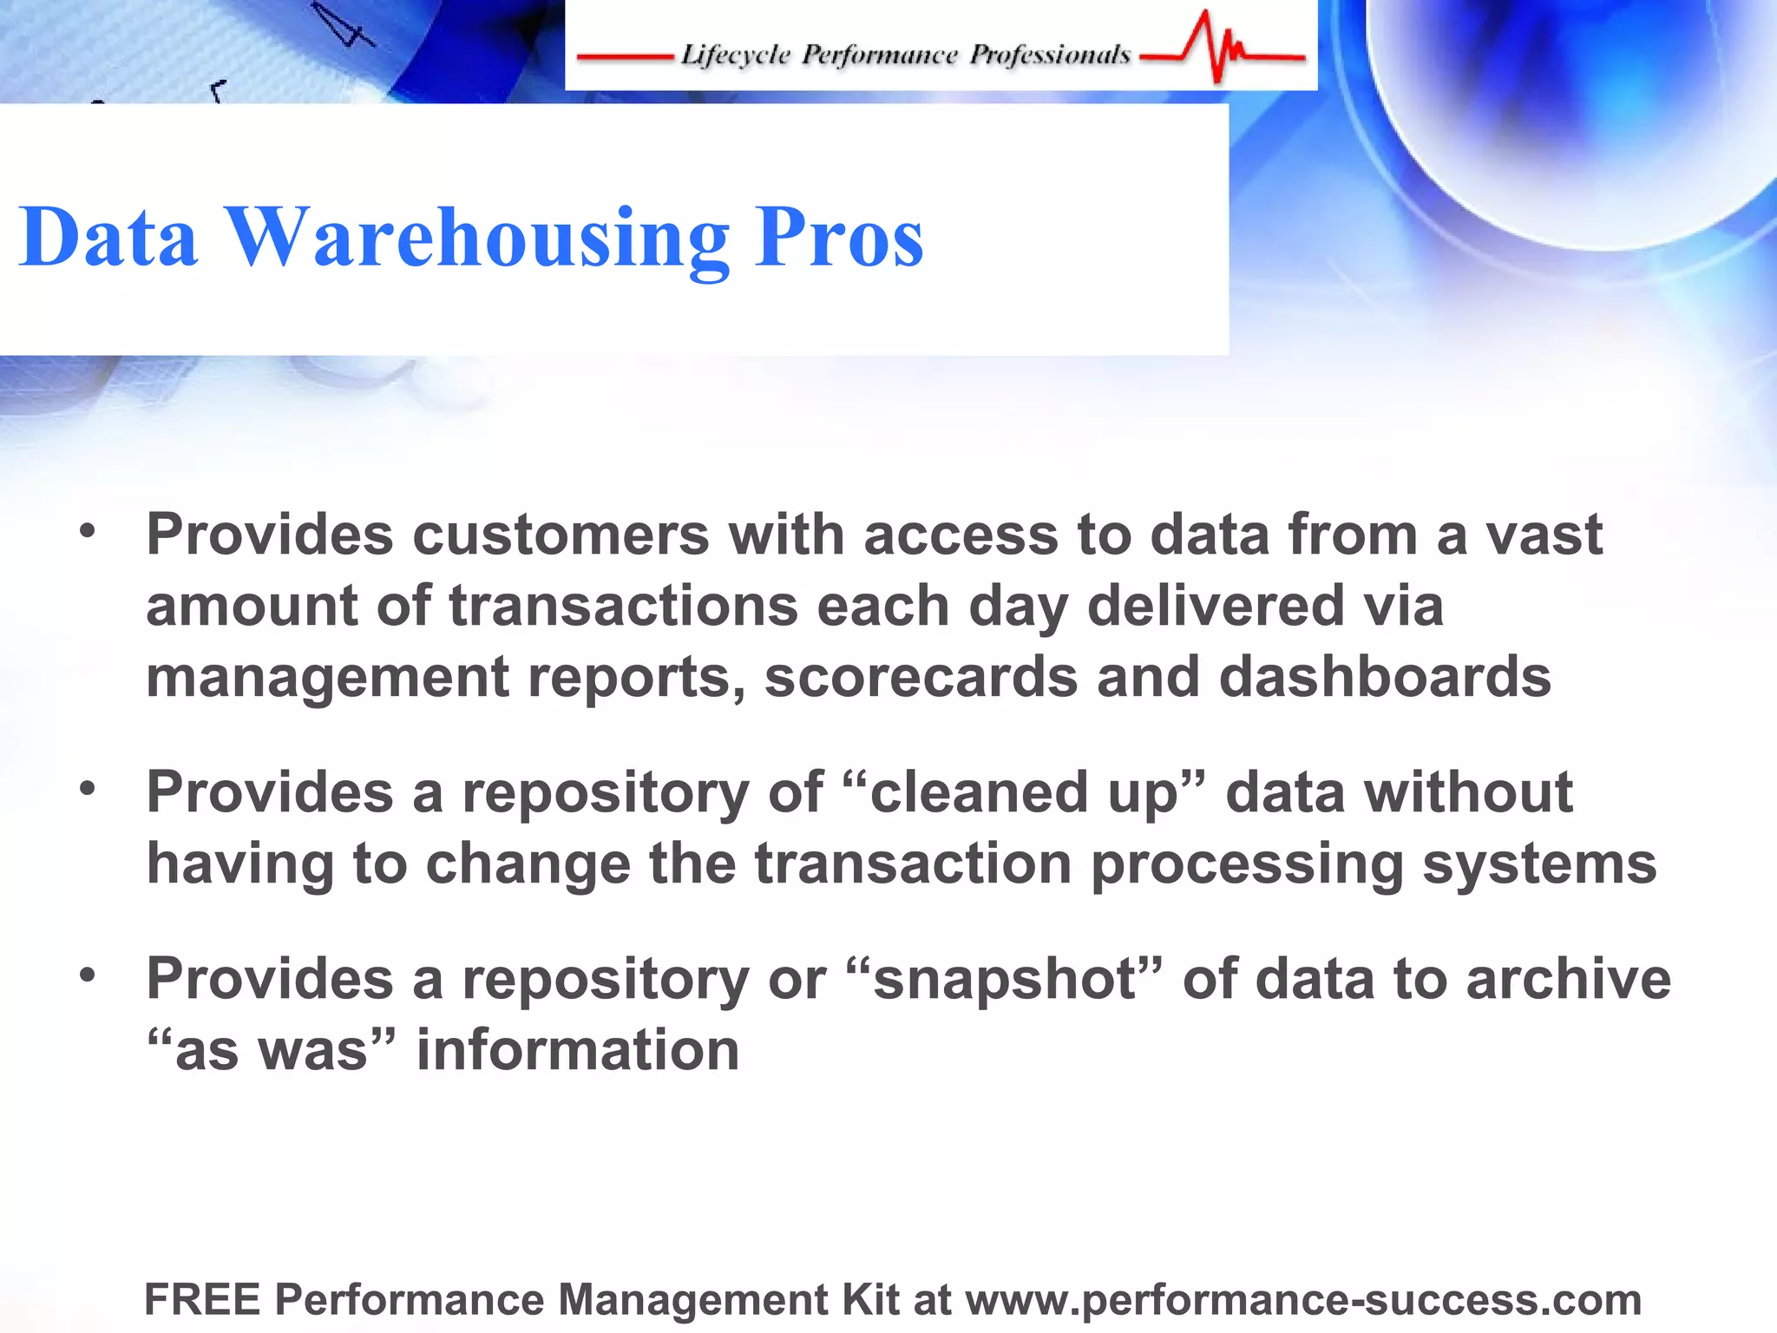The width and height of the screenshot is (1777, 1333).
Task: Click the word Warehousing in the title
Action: [477, 238]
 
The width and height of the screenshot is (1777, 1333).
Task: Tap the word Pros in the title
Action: [838, 238]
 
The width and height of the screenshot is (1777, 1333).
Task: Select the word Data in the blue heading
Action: [108, 238]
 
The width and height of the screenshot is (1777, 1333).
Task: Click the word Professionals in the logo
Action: [1050, 56]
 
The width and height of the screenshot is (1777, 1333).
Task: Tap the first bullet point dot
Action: [87, 530]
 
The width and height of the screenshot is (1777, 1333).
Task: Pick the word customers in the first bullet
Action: [561, 535]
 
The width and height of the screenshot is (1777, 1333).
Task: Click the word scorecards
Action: [921, 677]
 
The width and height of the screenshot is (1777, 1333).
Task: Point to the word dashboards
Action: [1385, 677]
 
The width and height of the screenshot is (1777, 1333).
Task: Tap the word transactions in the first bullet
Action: [623, 606]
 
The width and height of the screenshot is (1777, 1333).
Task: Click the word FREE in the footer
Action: [202, 1300]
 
